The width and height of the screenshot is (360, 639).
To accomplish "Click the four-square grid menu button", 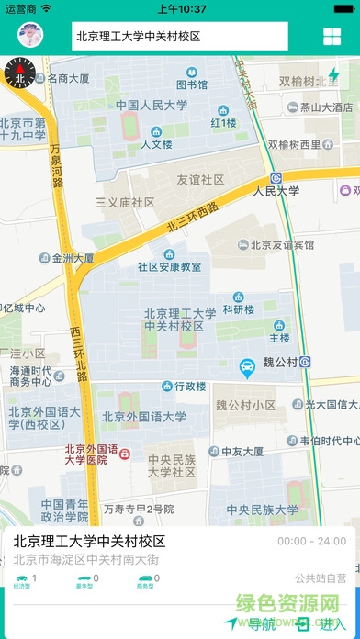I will (x=332, y=37).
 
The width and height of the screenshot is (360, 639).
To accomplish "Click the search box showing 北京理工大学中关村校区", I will (x=179, y=37).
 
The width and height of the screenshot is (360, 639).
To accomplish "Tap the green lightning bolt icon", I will (x=333, y=73).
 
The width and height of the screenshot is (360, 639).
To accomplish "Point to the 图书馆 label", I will (x=192, y=84).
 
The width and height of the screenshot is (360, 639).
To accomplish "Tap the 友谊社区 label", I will (x=200, y=180).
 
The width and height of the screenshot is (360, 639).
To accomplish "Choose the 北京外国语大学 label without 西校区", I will (x=143, y=416).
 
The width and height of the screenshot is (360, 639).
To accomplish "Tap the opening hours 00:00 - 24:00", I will (x=310, y=541).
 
